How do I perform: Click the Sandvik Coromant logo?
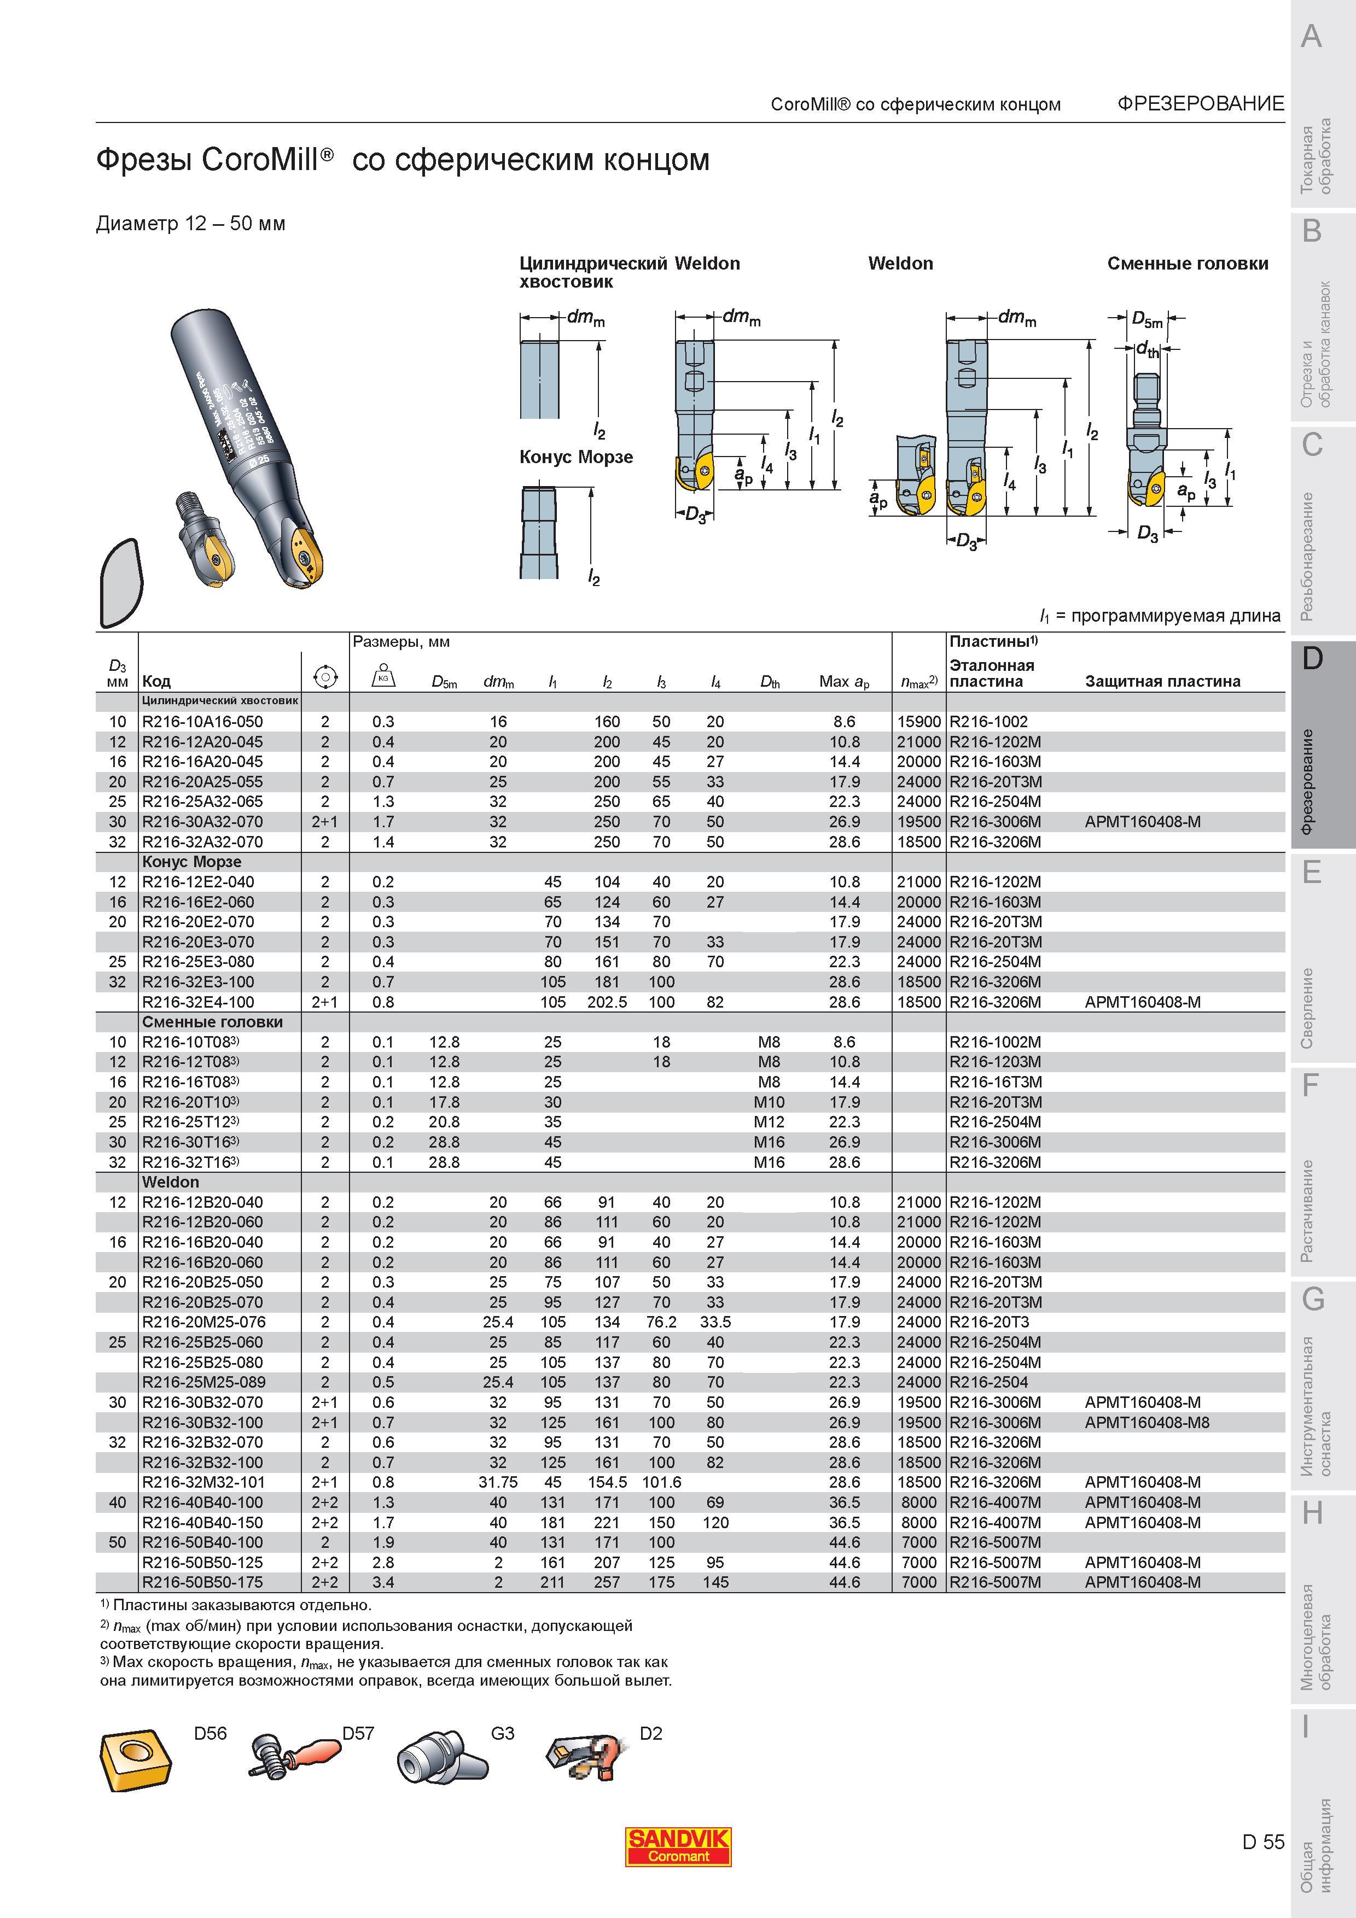[x=678, y=1846]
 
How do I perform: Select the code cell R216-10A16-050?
[x=202, y=722]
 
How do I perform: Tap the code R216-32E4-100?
[x=198, y=1002]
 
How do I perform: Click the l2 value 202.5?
[x=607, y=1002]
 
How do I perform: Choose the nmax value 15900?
[x=919, y=722]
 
